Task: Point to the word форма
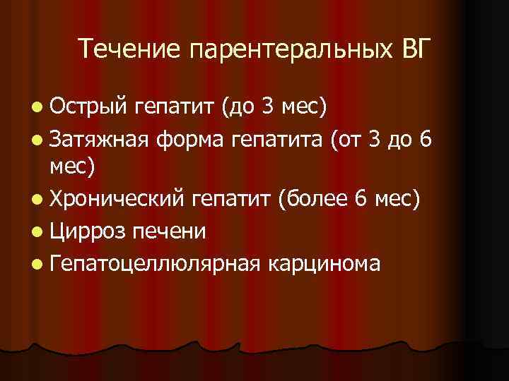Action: click(189, 139)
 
